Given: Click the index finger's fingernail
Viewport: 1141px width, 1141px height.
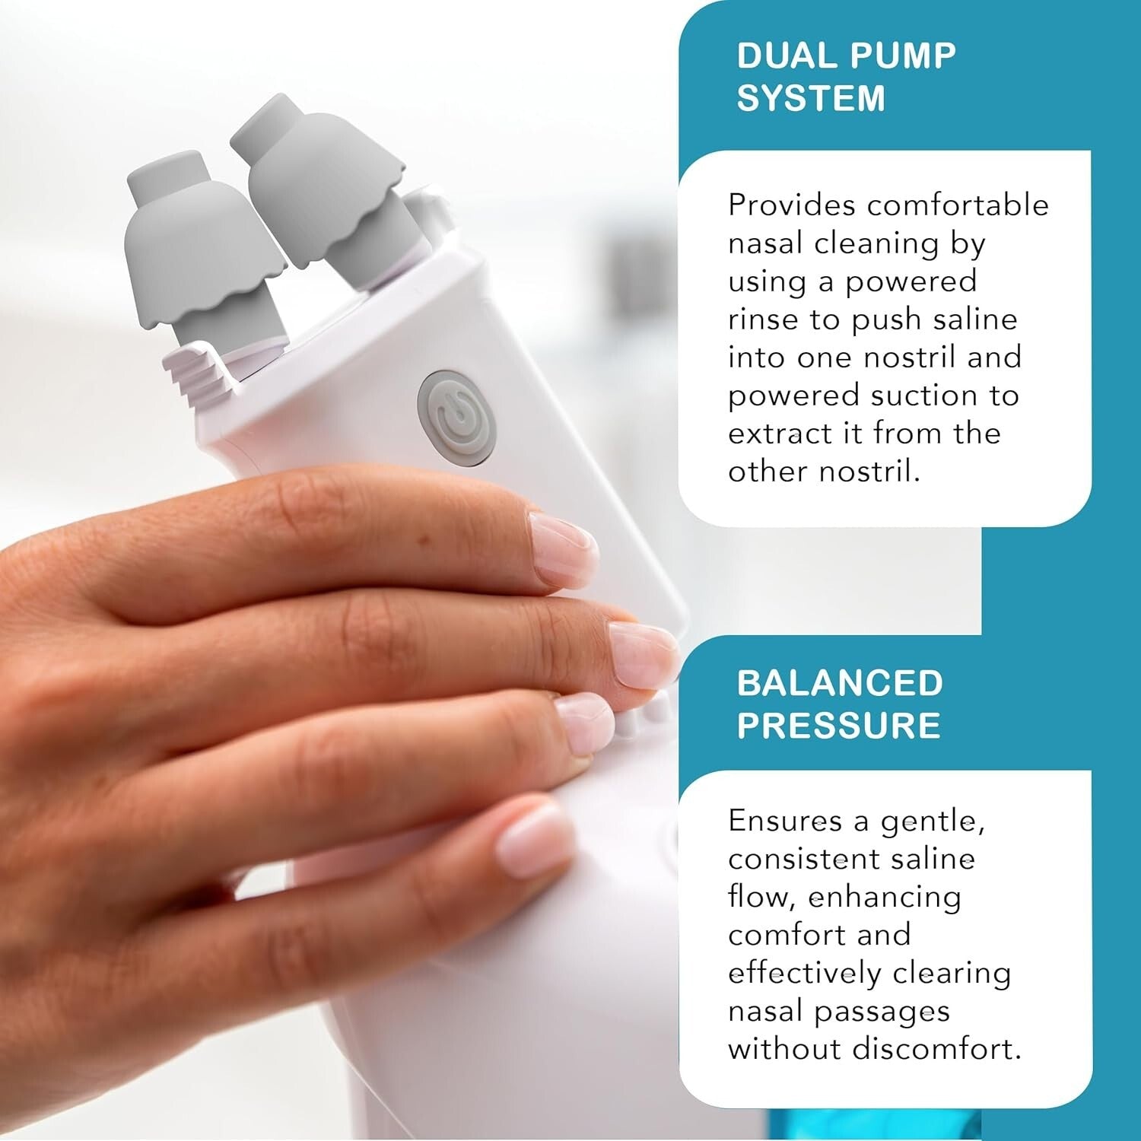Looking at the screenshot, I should click(563, 548).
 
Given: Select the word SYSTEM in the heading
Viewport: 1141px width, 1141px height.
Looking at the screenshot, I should click(811, 99).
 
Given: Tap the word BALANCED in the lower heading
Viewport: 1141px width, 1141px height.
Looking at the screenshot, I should click(840, 683).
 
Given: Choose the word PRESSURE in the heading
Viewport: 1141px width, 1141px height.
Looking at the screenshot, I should click(838, 726).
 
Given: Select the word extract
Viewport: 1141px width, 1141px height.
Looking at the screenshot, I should click(779, 434).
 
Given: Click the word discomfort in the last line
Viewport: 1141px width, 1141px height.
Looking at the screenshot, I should click(936, 1049).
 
